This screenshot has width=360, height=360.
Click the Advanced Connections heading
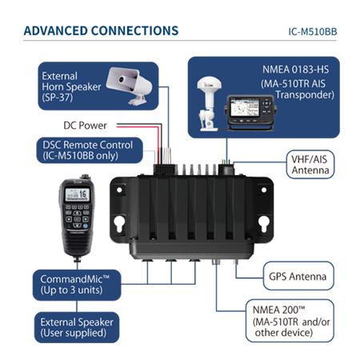point(101,30)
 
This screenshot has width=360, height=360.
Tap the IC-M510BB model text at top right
point(313,32)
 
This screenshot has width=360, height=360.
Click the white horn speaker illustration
point(130,86)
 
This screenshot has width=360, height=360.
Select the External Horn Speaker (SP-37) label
point(71,86)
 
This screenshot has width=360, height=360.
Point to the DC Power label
point(85,126)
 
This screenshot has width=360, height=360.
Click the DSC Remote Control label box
point(90,150)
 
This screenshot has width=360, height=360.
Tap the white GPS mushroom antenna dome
point(210,83)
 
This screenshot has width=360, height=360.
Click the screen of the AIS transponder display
point(245,107)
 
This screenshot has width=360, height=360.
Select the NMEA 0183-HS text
point(295,70)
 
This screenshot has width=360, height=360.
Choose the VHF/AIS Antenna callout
point(310,165)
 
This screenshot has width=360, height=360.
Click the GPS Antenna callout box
point(298,276)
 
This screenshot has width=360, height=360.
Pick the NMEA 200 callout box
point(290,321)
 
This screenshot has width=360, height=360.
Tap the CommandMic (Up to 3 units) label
point(77,285)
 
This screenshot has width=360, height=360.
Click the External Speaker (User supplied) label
point(77,327)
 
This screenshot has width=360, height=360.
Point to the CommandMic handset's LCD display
point(78,194)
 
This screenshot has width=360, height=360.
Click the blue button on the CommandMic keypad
point(86,226)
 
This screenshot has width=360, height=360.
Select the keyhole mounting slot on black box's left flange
point(119,223)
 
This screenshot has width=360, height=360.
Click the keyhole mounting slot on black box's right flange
point(264,223)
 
